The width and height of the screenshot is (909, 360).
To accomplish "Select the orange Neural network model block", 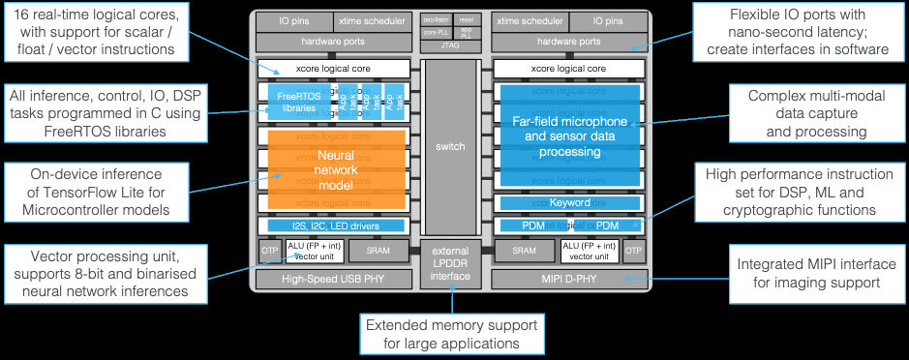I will click(336, 166).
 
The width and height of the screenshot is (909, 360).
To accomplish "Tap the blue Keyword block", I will click(569, 203).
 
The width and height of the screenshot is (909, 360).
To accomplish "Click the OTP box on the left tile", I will click(268, 251).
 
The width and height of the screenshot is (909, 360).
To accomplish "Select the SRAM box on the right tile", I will click(524, 251).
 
